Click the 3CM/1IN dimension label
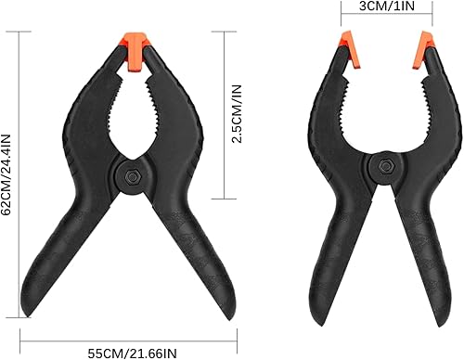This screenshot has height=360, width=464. tap(387, 6)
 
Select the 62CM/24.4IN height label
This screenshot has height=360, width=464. tap(6, 174)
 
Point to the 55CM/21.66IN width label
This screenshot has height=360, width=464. tap(133, 354)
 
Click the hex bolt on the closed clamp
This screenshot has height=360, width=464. tap(133, 177)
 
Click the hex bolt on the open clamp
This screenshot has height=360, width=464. tap(386, 166)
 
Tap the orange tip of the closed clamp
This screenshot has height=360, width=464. tap(135, 51)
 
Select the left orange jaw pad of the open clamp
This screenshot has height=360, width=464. tap(350, 49)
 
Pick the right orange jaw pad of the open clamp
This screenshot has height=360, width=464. tap(423, 50)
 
